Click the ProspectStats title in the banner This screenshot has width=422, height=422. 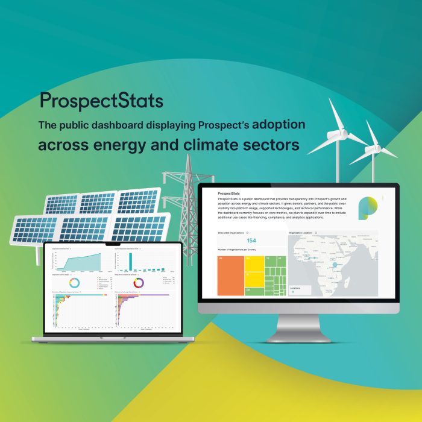[101, 101]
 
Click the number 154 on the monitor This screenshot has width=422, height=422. [251, 241]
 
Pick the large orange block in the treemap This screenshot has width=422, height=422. [230, 275]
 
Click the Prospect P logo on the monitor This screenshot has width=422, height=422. [367, 207]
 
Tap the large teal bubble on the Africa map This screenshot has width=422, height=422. [335, 264]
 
